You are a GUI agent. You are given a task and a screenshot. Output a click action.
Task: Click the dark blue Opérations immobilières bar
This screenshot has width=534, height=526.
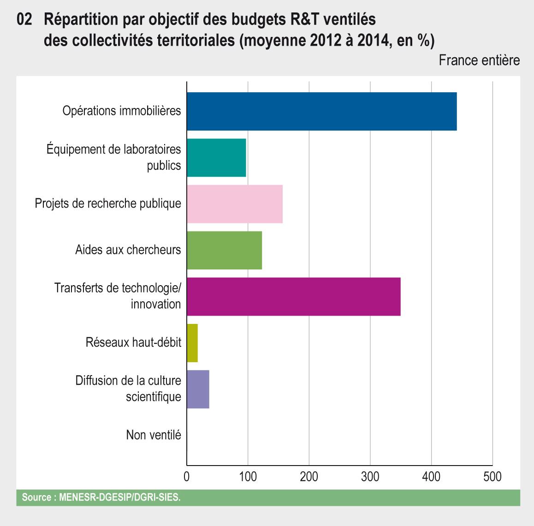point(321,111)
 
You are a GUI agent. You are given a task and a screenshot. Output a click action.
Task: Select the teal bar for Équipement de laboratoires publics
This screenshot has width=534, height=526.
point(216,158)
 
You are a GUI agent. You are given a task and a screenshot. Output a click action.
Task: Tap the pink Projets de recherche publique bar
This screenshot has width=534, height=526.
point(235,204)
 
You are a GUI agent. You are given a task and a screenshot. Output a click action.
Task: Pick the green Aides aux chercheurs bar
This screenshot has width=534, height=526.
point(224,251)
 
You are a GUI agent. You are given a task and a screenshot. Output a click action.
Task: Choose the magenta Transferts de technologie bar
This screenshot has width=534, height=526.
point(293,297)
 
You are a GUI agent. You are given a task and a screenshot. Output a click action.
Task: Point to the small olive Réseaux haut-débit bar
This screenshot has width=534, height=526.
point(192,343)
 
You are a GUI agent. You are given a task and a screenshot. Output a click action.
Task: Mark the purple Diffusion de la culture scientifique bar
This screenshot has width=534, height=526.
point(198,389)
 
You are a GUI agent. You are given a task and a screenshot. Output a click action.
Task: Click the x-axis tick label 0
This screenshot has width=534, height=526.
point(187,477)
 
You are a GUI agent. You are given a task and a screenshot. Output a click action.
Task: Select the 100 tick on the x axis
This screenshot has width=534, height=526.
point(248,477)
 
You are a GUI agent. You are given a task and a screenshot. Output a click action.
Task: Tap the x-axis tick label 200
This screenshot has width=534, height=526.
point(309,477)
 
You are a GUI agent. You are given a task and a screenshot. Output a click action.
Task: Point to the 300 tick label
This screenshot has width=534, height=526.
point(370,477)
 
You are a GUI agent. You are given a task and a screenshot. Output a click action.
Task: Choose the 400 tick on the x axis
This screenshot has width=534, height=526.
point(431,477)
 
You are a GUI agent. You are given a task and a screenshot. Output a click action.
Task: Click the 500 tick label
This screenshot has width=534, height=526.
point(492,477)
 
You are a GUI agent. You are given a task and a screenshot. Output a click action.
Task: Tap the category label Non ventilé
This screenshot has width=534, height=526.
point(154,435)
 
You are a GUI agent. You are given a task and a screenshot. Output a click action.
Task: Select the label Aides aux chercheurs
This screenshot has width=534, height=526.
point(128,250)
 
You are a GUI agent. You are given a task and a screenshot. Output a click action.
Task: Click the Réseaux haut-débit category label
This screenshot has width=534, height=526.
point(133,343)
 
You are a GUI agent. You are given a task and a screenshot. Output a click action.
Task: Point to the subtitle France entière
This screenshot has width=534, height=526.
point(479,60)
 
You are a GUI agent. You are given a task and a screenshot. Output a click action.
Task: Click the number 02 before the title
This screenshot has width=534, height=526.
point(24,20)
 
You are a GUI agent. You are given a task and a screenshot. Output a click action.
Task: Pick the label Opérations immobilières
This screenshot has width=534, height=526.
point(122,111)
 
